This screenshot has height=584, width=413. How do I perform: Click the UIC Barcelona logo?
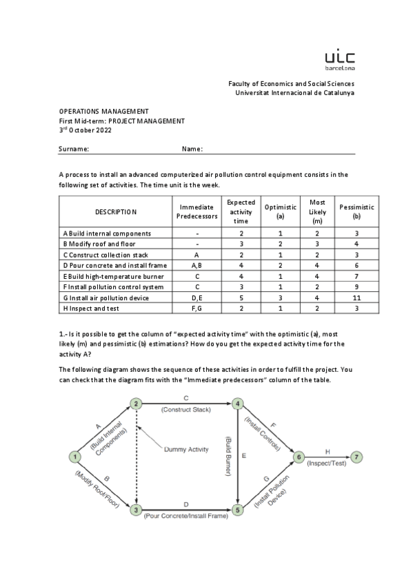click(340, 60)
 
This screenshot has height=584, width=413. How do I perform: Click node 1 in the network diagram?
click(72, 456)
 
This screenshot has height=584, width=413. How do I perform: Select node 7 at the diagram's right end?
click(336, 457)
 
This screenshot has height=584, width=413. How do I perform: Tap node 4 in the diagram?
click(238, 404)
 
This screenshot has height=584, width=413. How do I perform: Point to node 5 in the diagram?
click(238, 510)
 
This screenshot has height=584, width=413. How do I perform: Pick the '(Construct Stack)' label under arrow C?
click(186, 410)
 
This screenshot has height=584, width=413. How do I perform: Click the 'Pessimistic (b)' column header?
click(356, 211)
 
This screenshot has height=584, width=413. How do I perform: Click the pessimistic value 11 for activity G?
click(356, 298)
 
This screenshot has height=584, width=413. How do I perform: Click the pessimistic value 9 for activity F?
click(356, 286)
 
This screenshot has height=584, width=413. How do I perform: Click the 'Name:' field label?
click(192, 149)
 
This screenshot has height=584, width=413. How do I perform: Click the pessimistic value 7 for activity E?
click(356, 276)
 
